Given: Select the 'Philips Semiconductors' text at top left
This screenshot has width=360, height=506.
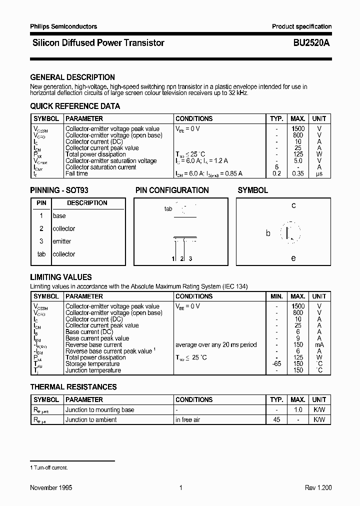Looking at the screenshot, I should coord(63,26).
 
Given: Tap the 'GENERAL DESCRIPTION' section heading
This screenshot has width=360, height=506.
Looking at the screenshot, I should coord(72,77).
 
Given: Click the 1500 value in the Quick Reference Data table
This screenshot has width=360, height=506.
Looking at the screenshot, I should coord(298,129).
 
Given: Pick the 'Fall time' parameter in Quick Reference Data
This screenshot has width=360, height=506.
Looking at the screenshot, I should coord(76,173).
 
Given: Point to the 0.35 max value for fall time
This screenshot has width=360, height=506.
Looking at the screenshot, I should coord(298,173).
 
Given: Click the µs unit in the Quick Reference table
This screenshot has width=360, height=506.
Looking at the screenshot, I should coord(319,173).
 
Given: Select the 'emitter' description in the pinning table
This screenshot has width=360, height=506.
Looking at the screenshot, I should coord(62,241).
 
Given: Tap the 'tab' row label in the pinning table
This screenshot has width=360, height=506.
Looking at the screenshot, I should coord(41,254).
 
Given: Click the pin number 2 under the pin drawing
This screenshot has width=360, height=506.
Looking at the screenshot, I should coord(182,258).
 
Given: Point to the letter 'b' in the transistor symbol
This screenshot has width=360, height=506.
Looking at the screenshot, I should coord(268,233).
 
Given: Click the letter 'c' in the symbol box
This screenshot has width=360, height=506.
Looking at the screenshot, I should coord(293,205).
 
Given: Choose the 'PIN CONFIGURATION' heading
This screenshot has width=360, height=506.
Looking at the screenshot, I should coord(172,190).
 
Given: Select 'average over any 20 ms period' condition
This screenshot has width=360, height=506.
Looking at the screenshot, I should coord(216,345).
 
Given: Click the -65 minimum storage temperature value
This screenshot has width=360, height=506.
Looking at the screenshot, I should coord(276,364).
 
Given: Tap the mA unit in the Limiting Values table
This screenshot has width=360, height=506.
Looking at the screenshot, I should coord(319,345).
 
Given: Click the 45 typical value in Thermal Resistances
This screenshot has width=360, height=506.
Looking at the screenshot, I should coord(276,420).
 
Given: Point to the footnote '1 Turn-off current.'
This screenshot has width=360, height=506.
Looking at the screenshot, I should coord(49,467).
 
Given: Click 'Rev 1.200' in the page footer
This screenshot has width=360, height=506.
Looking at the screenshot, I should coord(318,488).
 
